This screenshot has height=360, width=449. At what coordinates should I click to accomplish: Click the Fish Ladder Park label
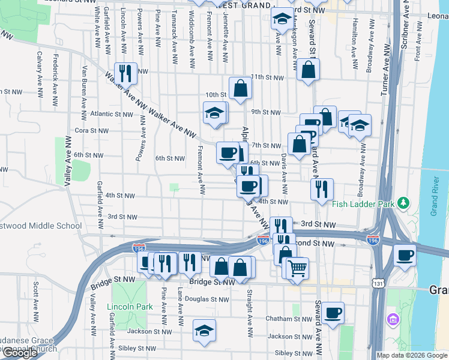pyautogui.click(x=363, y=204)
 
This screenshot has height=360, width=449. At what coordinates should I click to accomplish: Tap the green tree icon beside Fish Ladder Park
pyautogui.click(x=403, y=203)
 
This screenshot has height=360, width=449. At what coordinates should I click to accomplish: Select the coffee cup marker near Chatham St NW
pyautogui.click(x=333, y=312)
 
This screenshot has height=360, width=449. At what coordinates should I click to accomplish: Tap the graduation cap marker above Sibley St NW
pyautogui.click(x=204, y=329)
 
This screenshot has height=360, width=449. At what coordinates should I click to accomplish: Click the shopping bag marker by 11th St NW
pyautogui.click(x=308, y=70)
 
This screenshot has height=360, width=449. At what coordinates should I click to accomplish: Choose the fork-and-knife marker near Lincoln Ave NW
pyautogui.click(x=125, y=73)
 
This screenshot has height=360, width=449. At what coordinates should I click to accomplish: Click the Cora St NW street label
pyautogui.click(x=91, y=130)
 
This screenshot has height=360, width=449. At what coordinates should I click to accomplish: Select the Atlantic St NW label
pyautogui.click(x=111, y=114)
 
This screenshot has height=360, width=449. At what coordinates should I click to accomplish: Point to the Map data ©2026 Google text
pyautogui.click(x=412, y=355)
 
